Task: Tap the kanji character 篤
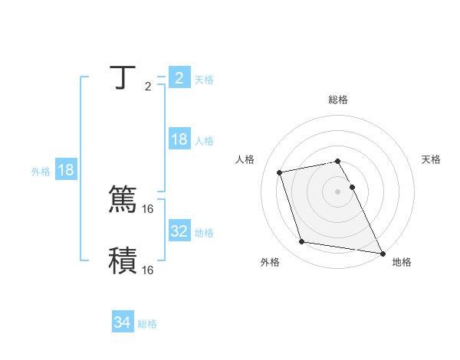pyautogui.click(x=123, y=200)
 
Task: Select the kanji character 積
pyautogui.click(x=123, y=261)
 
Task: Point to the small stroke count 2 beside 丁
pyautogui.click(x=148, y=87)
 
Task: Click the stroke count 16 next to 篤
pyautogui.click(x=148, y=208)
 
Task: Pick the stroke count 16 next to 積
pyautogui.click(x=148, y=270)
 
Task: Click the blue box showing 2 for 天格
pyautogui.click(x=179, y=78)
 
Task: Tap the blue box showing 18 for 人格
pyautogui.click(x=179, y=139)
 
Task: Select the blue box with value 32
pyautogui.click(x=179, y=231)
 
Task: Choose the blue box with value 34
pyautogui.click(x=122, y=323)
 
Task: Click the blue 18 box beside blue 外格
pyautogui.click(x=66, y=171)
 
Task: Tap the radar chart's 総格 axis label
pyautogui.click(x=338, y=100)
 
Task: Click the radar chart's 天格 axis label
pyautogui.click(x=431, y=159)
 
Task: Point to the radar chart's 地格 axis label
pyautogui.click(x=402, y=262)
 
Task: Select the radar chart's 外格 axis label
pyautogui.click(x=270, y=262)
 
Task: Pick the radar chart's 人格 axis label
pyautogui.click(x=245, y=159)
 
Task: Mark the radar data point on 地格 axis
pyautogui.click(x=383, y=253)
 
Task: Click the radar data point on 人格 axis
pyautogui.click(x=279, y=172)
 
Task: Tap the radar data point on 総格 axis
pyautogui.click(x=338, y=161)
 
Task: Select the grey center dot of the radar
pyautogui.click(x=338, y=191)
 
